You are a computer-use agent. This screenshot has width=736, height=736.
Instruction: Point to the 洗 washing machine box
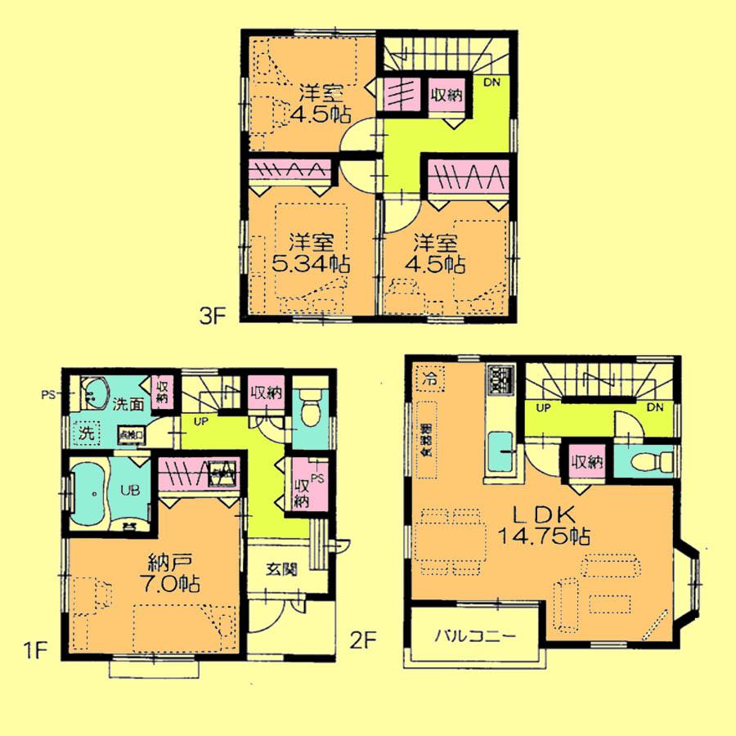(x=85, y=433)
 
